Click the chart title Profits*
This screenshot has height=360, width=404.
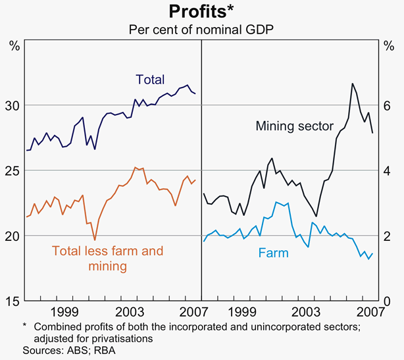coord(201,12)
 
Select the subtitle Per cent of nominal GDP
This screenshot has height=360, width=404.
coord(201,30)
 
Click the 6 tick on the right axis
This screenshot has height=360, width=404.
coord(388,106)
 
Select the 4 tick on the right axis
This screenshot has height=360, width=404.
coord(388,171)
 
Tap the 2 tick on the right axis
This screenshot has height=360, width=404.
coord(388,236)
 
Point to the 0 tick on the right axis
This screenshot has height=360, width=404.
coord(388,301)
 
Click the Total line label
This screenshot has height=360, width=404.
coord(150,80)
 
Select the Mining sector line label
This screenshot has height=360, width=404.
coord(295,126)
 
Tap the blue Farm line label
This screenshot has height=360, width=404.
coord(273,253)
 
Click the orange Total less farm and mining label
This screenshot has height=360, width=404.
coord(107,259)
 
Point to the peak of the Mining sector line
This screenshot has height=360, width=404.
coord(353,84)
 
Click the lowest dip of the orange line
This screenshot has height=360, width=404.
coord(95,240)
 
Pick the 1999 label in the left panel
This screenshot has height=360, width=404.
coord(64,311)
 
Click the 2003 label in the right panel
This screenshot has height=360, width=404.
coord(306,311)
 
